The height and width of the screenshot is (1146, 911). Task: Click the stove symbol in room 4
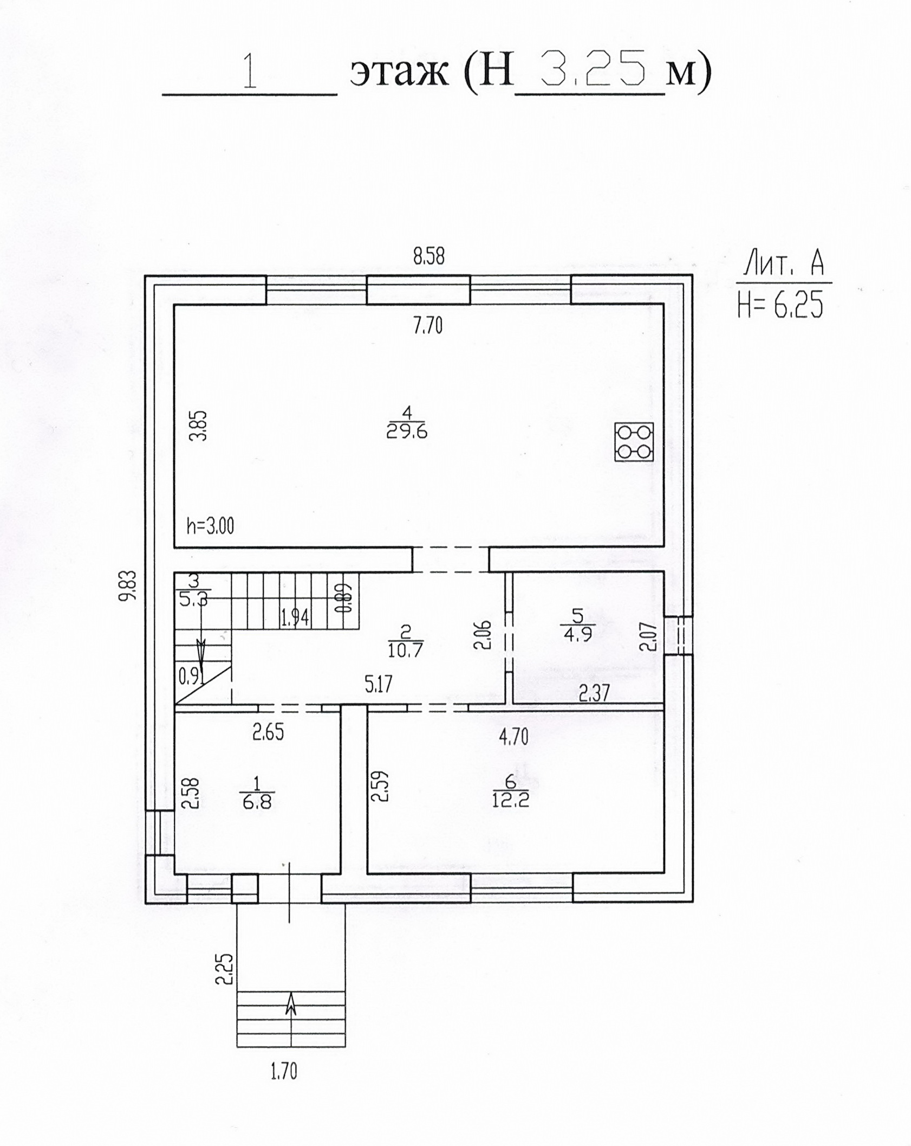tap(634, 442)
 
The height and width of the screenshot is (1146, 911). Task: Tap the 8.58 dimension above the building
tap(428, 256)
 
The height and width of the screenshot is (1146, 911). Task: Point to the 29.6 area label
tap(407, 432)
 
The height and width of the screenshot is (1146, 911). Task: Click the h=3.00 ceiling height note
tap(210, 526)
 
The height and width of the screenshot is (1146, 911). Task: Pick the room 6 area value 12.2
tap(510, 800)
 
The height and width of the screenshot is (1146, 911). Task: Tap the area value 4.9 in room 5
tap(578, 634)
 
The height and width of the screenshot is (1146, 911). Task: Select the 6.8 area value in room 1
tap(257, 802)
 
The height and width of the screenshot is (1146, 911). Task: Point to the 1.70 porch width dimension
tap(284, 1072)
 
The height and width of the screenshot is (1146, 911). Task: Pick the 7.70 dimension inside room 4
tap(428, 325)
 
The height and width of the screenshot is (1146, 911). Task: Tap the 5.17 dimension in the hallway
tap(378, 685)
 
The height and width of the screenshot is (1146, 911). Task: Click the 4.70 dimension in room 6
tap(513, 737)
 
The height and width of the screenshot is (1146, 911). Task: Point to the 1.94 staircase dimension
tap(295, 617)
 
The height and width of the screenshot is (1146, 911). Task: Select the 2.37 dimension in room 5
tap(594, 693)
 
